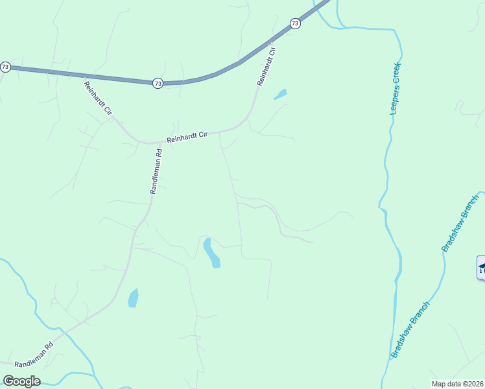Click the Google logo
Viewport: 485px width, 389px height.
point(21,381)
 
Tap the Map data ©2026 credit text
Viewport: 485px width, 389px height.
point(457,383)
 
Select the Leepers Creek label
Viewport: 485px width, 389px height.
point(396,88)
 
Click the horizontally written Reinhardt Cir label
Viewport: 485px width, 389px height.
point(187,137)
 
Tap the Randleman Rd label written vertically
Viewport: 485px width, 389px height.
point(156,171)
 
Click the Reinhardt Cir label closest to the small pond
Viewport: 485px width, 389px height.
point(267,67)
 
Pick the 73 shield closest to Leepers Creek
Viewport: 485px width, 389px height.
point(295,23)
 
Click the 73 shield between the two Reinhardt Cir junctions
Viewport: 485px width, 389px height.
point(158,83)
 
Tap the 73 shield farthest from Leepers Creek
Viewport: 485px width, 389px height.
point(5,67)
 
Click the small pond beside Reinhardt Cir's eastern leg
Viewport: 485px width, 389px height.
point(280,95)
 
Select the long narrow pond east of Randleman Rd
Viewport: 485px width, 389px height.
point(211,253)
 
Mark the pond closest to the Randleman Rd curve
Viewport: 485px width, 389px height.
point(133,298)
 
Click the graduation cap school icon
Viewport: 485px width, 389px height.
point(482,267)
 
